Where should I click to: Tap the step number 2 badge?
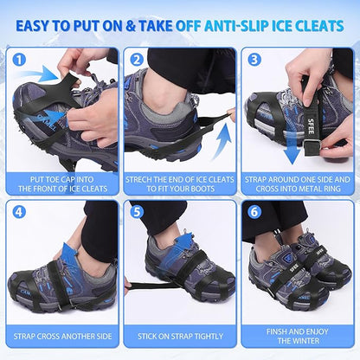point(137,61)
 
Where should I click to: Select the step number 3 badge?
point(254,61)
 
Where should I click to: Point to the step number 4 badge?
point(20,210)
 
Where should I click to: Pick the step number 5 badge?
point(137,210)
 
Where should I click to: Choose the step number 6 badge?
point(254,210)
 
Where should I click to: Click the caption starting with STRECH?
point(180,183)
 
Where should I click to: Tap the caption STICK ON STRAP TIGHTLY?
point(180,333)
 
